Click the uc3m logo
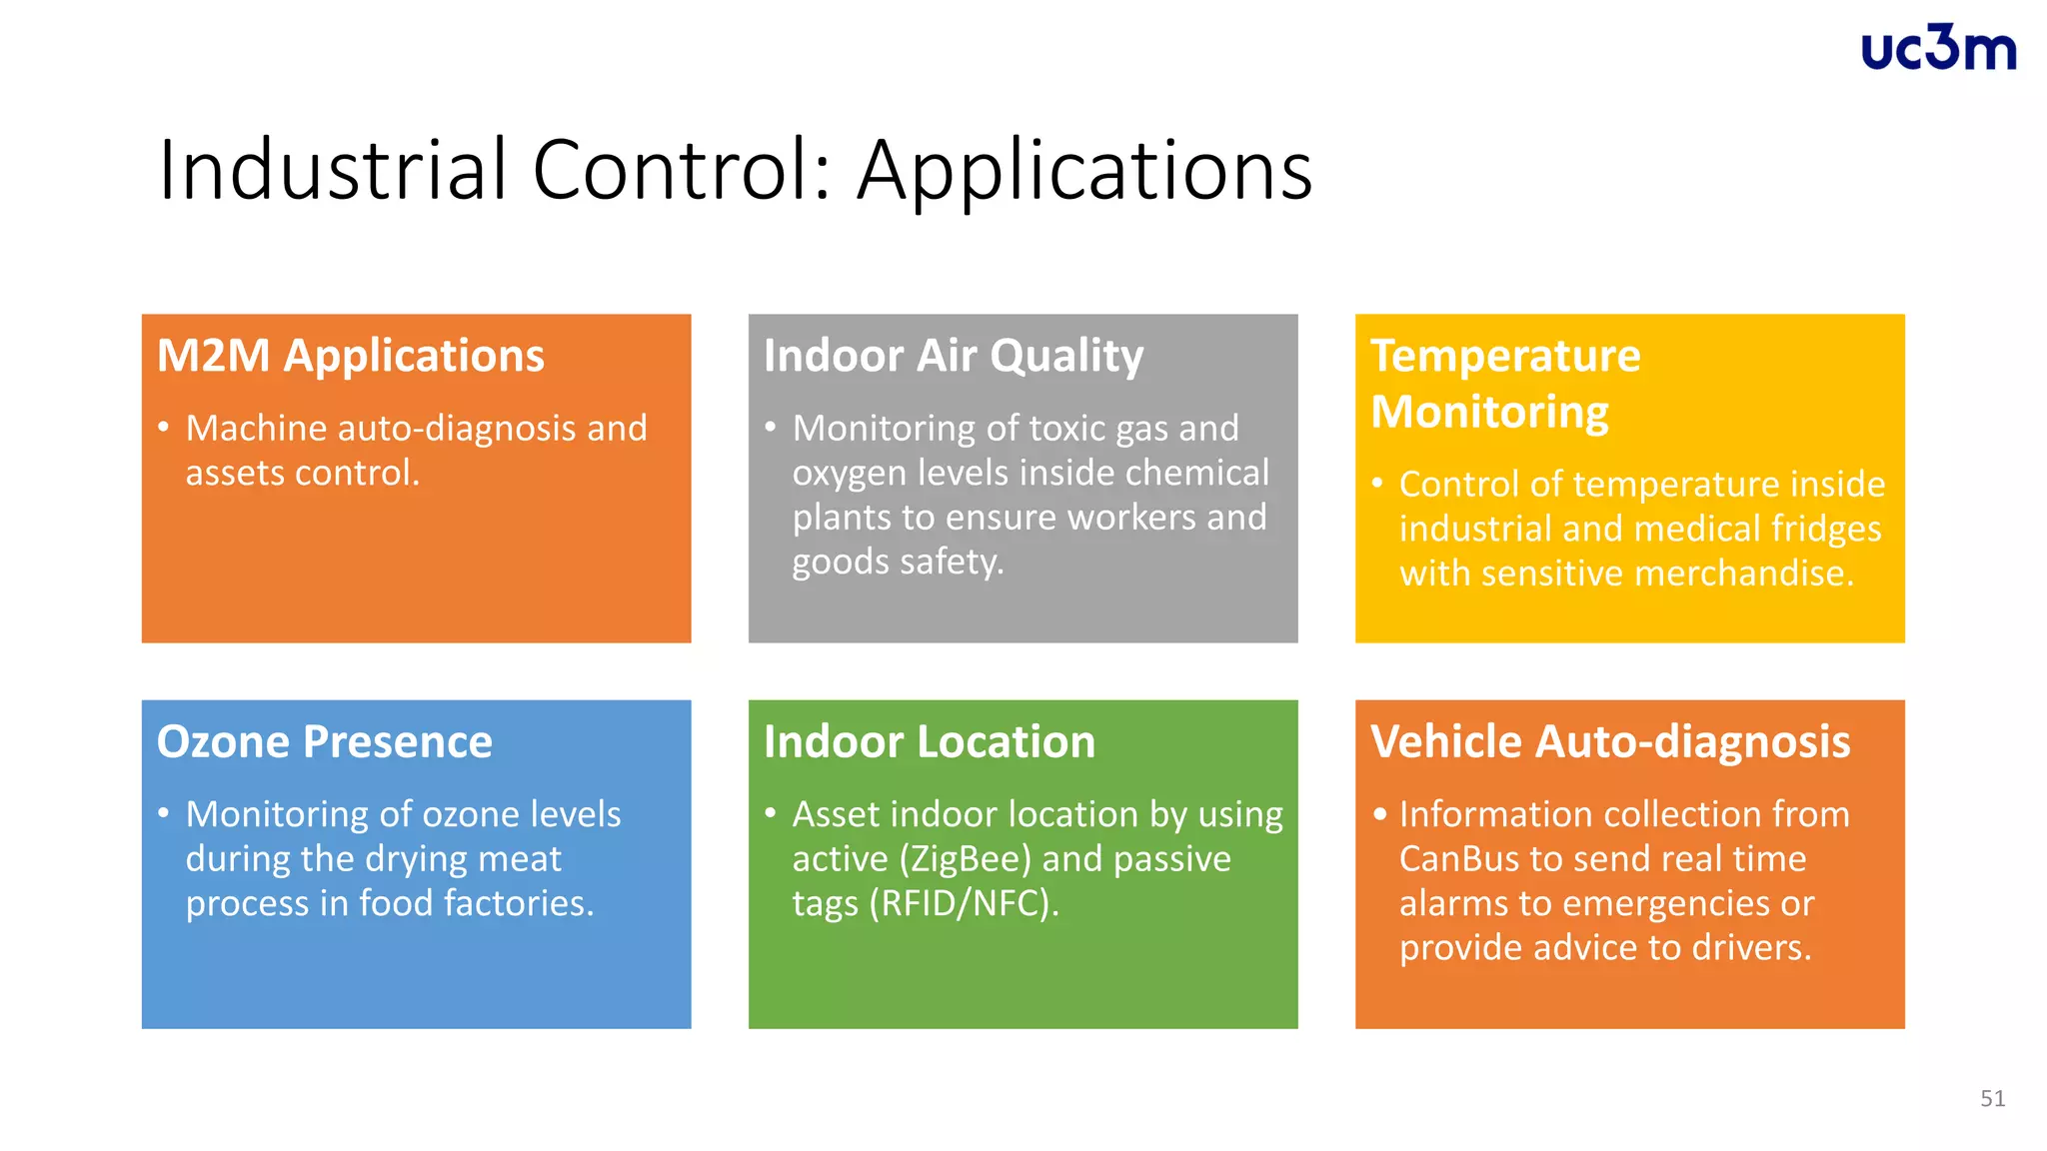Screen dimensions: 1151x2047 [x=1938, y=49]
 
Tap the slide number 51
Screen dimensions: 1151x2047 [x=1992, y=1099]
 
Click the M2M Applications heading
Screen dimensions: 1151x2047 [x=351, y=356]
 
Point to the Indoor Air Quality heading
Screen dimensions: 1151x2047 [x=954, y=356]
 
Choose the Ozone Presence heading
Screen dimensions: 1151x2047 [x=325, y=742]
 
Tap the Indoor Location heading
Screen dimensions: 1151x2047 [x=930, y=742]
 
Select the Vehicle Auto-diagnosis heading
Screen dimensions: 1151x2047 [x=1610, y=742]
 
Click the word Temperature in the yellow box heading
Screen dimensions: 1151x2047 [x=1505, y=356]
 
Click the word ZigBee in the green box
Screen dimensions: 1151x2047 [x=967, y=859]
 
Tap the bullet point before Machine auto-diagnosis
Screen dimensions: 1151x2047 [x=163, y=428]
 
